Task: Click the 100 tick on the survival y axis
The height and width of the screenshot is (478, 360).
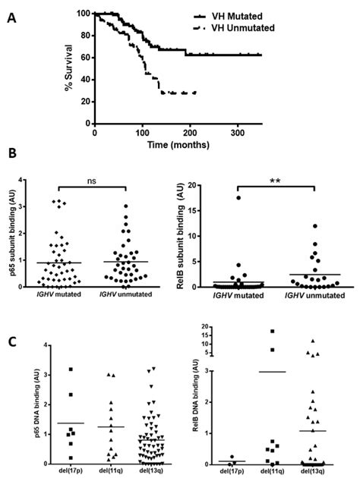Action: (84, 14)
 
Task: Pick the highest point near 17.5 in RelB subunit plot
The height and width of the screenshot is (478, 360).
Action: (239, 197)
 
